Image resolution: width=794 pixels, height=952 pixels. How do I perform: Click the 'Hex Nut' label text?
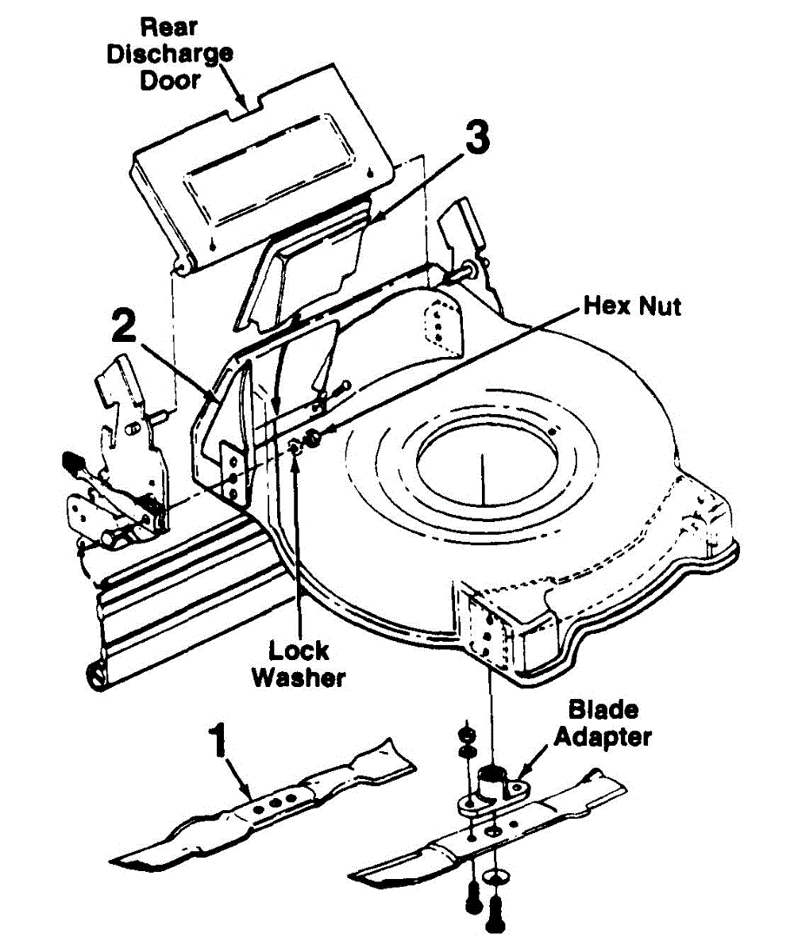pyautogui.click(x=631, y=305)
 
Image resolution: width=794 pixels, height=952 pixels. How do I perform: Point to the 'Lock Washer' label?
pyautogui.click(x=299, y=665)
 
